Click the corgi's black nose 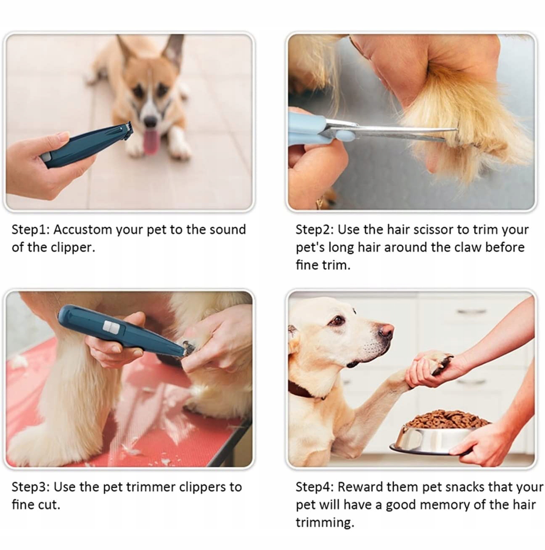151,121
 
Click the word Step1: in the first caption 30,230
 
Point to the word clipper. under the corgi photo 73,248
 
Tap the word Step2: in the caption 314,230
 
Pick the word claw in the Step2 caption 468,247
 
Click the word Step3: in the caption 30,487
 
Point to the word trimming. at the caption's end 325,523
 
